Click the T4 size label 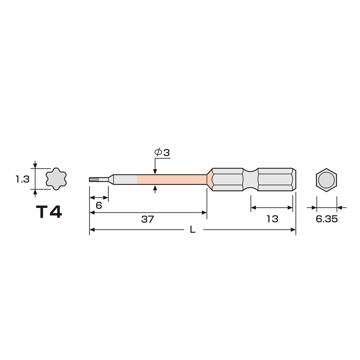[x=49, y=212]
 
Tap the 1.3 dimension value [x=22, y=179]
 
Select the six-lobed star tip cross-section [x=56, y=179]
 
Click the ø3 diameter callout [x=162, y=152]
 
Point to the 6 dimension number [x=99, y=206]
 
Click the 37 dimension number [x=147, y=219]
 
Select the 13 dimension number [x=272, y=219]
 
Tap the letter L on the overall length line [x=193, y=229]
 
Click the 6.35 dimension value [x=327, y=219]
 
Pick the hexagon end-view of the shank [x=326, y=179]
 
